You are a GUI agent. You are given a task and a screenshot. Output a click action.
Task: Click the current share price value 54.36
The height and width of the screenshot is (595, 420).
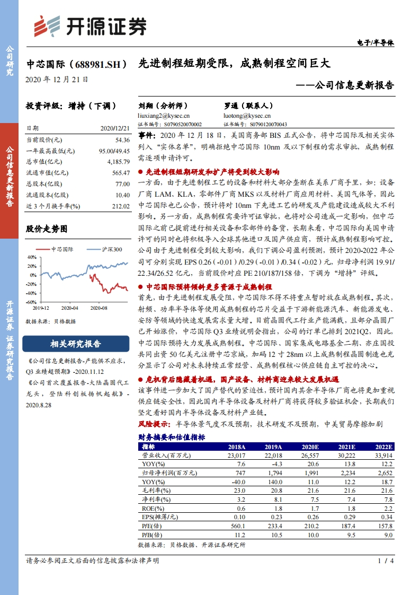click(122, 140)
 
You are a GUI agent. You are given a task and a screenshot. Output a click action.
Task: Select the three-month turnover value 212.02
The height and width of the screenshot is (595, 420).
click(120, 206)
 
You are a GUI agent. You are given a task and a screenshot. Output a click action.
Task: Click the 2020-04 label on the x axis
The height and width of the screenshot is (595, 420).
click(69, 308)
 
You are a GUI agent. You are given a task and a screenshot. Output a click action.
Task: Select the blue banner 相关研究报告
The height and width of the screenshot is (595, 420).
click(75, 344)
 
